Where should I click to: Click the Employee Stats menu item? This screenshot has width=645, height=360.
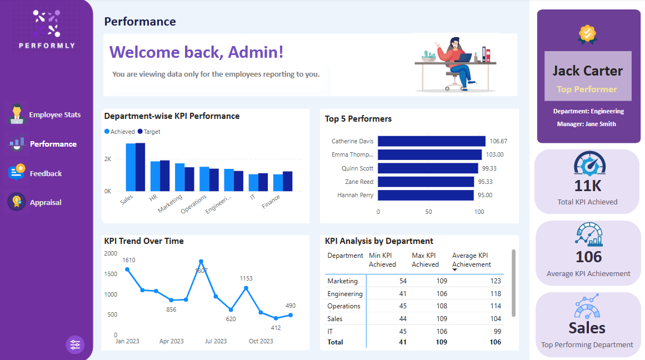click(x=54, y=115)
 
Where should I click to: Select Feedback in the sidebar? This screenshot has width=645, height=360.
click(x=46, y=173)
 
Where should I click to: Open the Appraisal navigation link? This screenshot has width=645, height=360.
click(x=46, y=202)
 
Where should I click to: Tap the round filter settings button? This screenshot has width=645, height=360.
click(x=75, y=344)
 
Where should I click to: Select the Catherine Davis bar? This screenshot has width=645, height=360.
click(x=432, y=141)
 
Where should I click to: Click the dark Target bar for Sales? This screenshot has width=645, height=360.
click(x=141, y=167)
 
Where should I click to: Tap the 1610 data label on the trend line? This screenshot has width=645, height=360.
click(x=128, y=260)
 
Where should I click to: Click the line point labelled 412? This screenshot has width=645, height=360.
click(x=276, y=318)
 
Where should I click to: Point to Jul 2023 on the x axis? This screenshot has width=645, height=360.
click(x=216, y=341)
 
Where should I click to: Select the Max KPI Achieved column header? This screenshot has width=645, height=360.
click(x=425, y=260)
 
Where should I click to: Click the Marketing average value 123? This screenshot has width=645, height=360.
click(x=495, y=281)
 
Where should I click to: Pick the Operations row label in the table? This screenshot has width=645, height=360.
click(x=343, y=306)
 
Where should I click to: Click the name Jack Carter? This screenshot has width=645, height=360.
click(x=587, y=71)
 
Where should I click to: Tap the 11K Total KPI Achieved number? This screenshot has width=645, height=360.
click(x=587, y=186)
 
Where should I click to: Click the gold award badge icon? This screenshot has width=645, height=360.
click(x=587, y=34)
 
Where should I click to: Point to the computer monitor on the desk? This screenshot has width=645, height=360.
click(x=466, y=57)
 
